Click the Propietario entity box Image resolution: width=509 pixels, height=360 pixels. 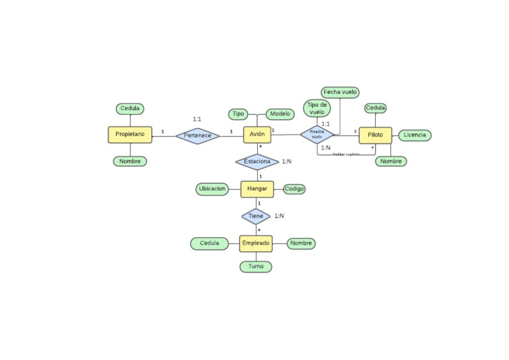coord(130,135)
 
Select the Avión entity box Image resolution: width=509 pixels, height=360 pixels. coord(257,135)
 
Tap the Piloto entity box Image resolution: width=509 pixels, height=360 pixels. coord(375,135)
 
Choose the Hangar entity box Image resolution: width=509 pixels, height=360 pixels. coord(257,189)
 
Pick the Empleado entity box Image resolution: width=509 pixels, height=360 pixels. coord(256,243)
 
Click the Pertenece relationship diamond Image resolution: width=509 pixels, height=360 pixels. coord(198,135)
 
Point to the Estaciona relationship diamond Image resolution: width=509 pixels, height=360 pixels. coord(257,162)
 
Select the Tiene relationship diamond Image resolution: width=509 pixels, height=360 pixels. coord(256,216)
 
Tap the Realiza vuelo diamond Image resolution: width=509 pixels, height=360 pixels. coord(317,135)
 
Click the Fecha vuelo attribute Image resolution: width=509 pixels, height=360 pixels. coord(341,92)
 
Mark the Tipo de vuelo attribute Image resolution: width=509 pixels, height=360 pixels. coord(317,108)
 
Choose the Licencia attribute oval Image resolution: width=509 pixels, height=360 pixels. coord(415,135)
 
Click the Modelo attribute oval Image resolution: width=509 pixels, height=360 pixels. coord(280,114)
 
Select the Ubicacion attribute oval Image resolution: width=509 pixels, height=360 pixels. coord(212,189)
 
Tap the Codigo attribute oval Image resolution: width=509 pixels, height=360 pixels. coord(294,189)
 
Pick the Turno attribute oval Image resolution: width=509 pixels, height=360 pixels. coord(256,266)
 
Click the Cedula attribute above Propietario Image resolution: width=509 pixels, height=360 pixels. coord(130,109)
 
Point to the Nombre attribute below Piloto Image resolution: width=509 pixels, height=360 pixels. coord(391,161)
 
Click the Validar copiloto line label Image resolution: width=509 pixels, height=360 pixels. coord(345,154)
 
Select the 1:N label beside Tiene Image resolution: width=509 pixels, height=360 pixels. coord(280,215)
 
